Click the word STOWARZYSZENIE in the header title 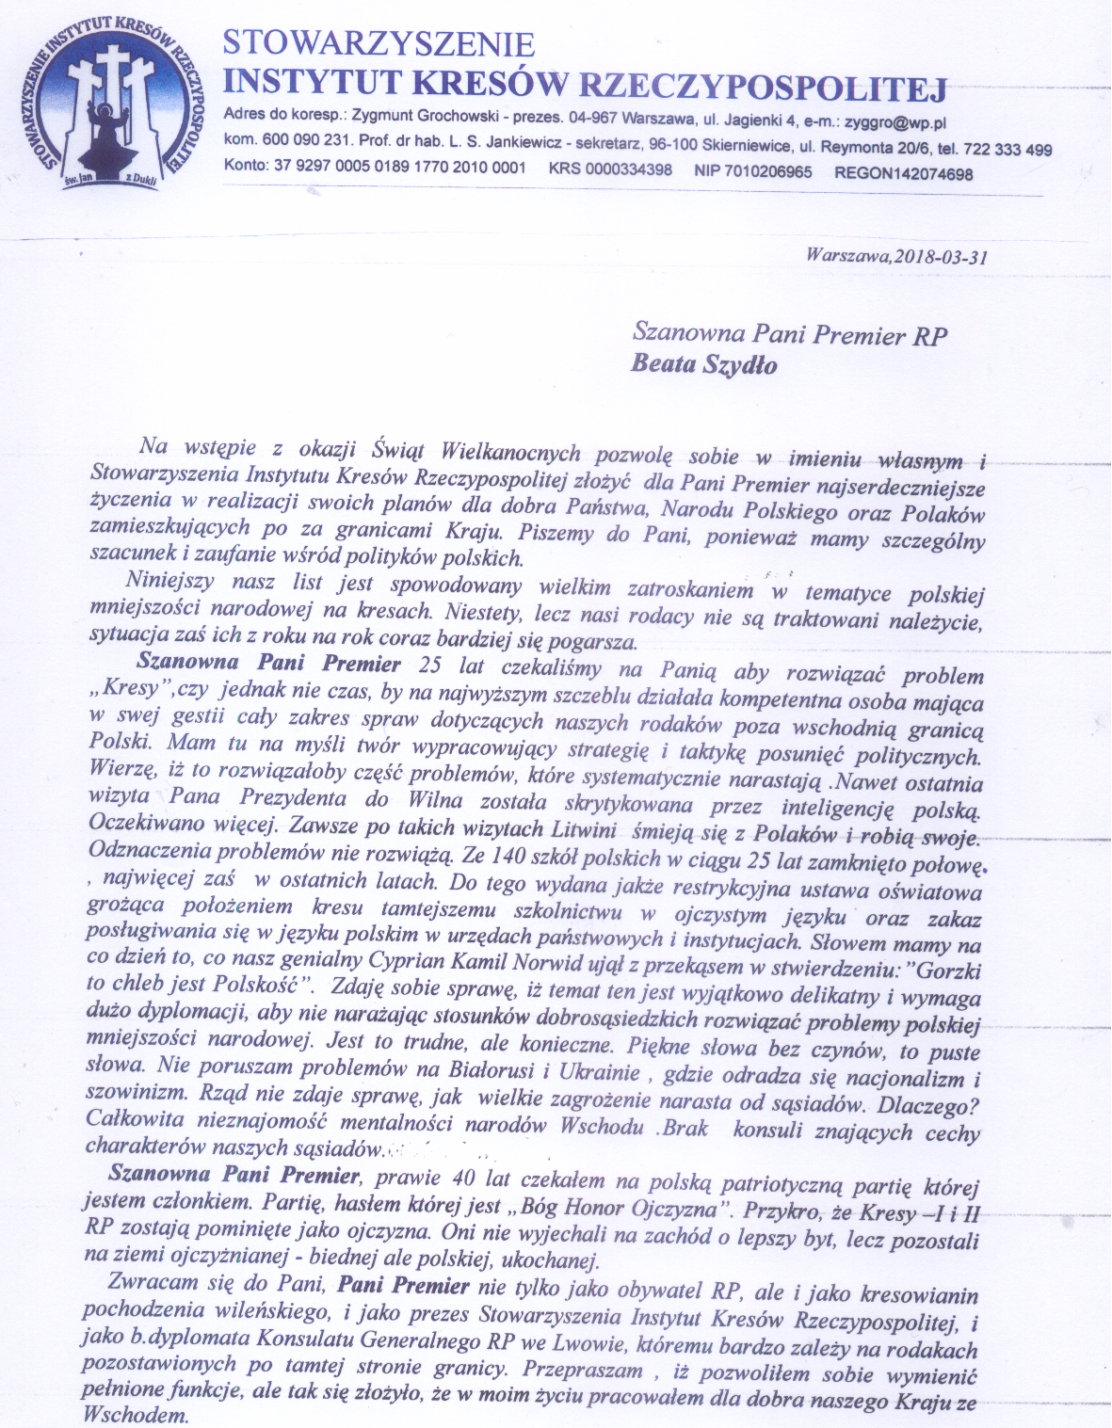pos(379,44)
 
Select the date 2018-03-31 pos(941,256)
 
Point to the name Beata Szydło pos(703,366)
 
